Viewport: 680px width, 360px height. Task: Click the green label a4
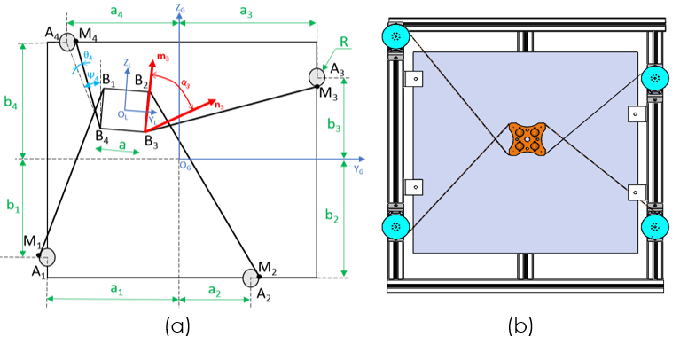pos(116,12)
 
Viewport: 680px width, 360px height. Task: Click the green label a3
pos(246,12)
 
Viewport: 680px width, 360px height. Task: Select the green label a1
pos(116,289)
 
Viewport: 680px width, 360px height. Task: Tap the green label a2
pos(215,290)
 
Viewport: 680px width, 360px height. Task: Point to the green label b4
pos(11,103)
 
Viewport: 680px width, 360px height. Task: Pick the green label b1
pos(13,206)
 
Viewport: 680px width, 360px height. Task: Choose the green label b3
pos(333,125)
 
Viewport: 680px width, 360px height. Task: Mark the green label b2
pos(332,215)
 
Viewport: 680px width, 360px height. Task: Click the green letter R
pos(344,43)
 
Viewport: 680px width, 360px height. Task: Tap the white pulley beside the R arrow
pos(317,77)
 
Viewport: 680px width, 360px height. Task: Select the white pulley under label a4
pos(67,42)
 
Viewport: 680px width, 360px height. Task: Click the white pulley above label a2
pos(250,278)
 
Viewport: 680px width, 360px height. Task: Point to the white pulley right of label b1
pos(47,257)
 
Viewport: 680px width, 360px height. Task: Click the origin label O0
pos(184,166)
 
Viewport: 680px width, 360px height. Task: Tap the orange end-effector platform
pos(527,138)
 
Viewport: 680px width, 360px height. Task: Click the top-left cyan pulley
pos(395,36)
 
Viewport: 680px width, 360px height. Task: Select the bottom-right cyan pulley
pos(654,227)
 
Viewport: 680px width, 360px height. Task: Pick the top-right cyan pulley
pos(654,78)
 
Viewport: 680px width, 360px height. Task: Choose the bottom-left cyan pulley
pos(395,227)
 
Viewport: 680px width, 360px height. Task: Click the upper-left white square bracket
pos(414,79)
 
